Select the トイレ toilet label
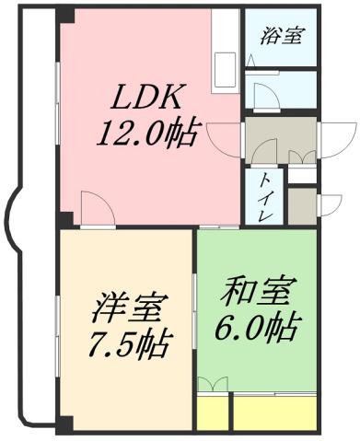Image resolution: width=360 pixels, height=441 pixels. click(263, 196)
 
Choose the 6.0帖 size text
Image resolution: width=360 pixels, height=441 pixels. click(257, 327)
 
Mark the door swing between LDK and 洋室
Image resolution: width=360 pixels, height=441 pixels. click(96, 208)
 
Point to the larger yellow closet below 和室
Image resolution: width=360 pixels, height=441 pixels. click(273, 412)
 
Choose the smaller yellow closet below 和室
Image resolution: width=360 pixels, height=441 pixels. click(212, 412)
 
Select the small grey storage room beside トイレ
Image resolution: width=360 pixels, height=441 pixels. click(301, 204)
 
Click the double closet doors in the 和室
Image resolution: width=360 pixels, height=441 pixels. click(214, 385)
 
